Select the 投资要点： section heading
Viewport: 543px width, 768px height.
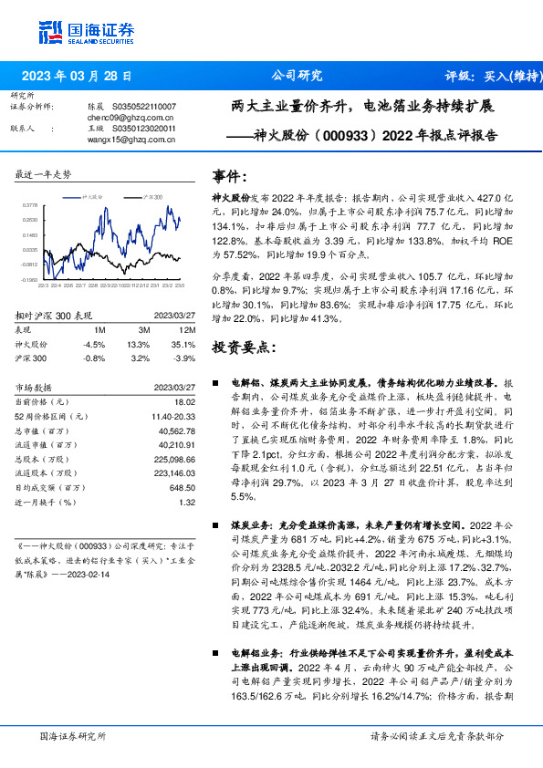[x=242, y=347]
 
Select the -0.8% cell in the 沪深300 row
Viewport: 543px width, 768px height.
[x=94, y=358]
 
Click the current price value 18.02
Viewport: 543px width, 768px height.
[x=184, y=401]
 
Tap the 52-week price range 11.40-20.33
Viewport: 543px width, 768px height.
[x=172, y=416]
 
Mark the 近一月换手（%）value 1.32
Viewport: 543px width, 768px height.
[x=187, y=502]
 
